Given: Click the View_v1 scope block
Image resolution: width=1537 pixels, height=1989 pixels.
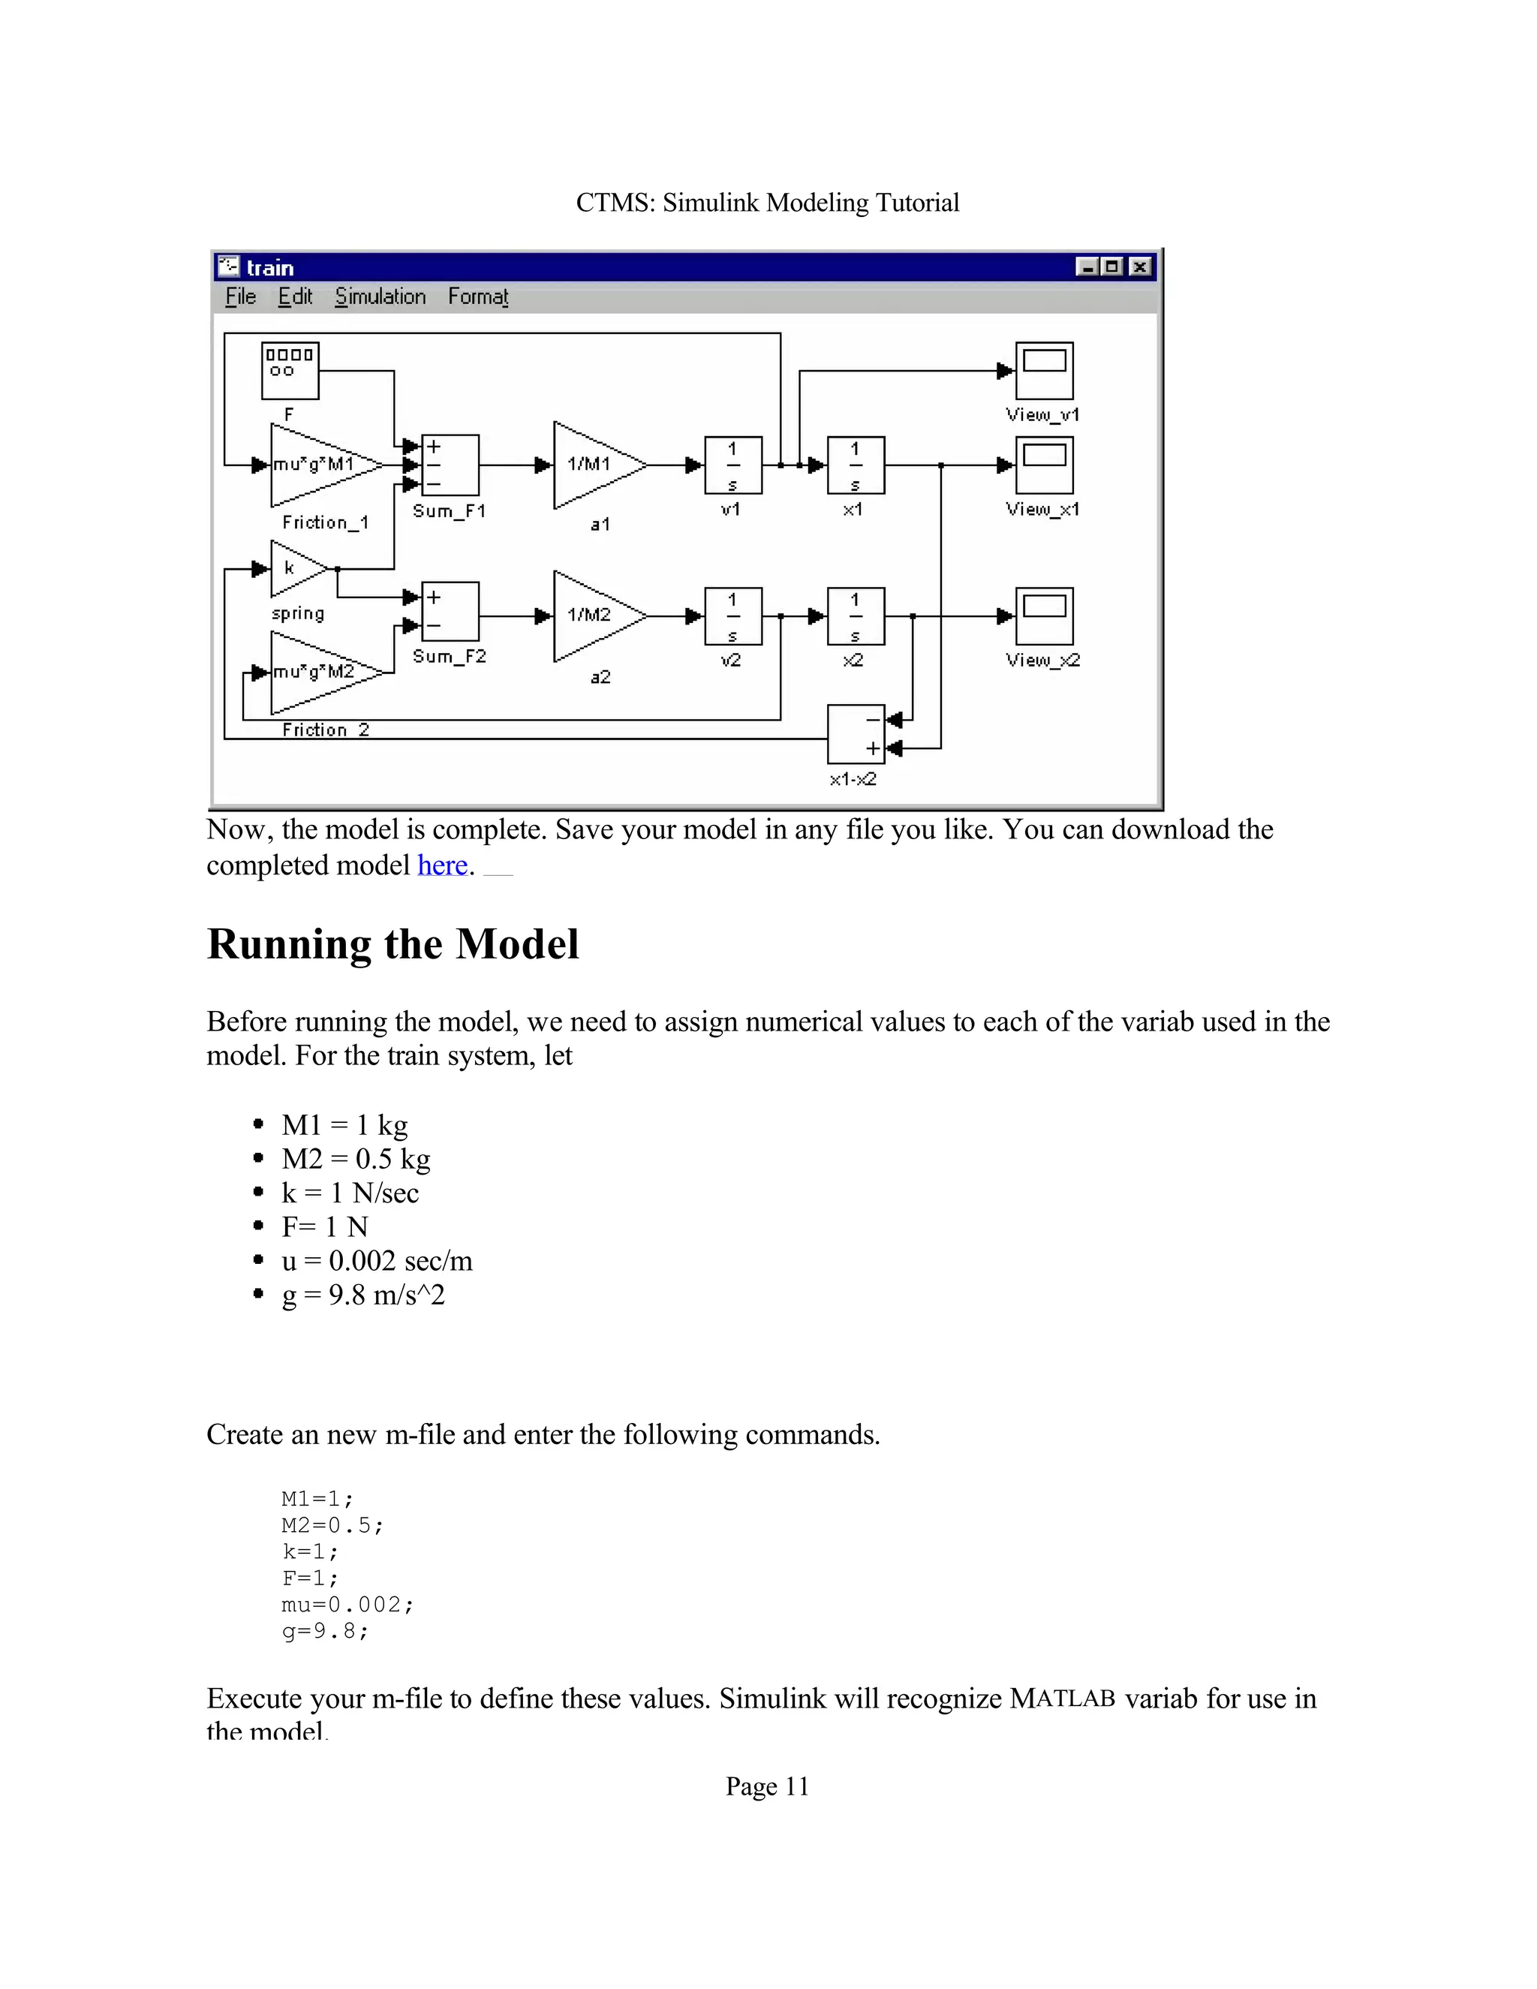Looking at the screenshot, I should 1045,371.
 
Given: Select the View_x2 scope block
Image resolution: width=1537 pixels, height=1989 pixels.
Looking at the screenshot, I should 1045,615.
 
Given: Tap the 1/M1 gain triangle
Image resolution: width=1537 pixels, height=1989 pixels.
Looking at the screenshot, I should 593,465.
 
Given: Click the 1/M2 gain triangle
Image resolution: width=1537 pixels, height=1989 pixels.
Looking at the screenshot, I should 593,615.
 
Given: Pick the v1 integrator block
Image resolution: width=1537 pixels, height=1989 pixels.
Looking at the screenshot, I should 733,465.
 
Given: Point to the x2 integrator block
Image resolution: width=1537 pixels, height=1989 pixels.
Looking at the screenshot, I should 855,615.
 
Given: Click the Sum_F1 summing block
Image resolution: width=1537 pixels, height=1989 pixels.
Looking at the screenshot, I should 450,465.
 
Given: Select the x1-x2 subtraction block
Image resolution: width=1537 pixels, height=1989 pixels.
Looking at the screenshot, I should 856,734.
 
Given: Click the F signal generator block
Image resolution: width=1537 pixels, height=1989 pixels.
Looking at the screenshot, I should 290,371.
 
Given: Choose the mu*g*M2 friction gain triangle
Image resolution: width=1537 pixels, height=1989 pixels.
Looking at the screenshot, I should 319,673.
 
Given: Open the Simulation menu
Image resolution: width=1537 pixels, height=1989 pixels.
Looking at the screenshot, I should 380,297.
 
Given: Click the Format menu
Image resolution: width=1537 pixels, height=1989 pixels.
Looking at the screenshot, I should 477,297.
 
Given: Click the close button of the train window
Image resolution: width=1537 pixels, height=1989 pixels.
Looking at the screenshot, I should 1139,267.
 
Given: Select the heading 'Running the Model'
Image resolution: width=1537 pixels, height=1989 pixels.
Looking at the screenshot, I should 393,944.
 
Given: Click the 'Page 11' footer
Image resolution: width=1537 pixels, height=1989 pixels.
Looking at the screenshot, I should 767,1787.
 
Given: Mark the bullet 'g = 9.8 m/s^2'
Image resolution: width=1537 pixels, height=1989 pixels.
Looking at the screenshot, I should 362,1294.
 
